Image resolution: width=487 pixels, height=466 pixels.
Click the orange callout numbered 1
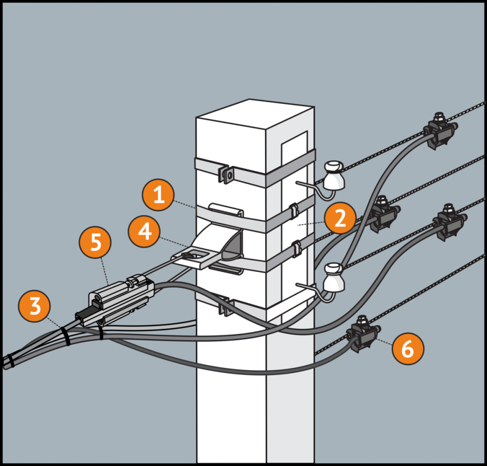[x=159, y=195]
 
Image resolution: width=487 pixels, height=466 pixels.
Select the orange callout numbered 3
[x=35, y=306]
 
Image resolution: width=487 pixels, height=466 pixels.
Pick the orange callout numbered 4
[x=145, y=231]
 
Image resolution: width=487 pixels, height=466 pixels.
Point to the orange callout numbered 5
[x=96, y=243]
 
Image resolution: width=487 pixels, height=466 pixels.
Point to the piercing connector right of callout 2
[x=383, y=214]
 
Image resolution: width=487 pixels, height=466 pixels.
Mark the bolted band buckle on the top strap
[x=227, y=174]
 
